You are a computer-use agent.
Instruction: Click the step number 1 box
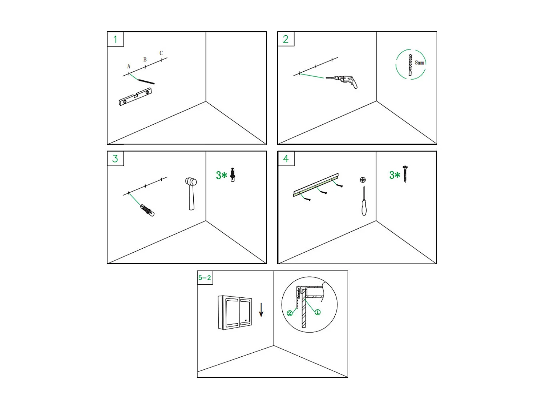[115, 39]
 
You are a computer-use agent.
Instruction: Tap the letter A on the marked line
[129, 66]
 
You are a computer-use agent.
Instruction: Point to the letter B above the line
[145, 60]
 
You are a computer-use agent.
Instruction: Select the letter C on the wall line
[161, 53]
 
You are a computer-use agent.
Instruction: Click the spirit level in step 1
[135, 97]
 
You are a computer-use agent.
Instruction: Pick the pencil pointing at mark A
[146, 82]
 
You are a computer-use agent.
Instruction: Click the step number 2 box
[286, 39]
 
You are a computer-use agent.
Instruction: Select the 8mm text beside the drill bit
[419, 63]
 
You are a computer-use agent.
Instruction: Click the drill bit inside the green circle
[410, 65]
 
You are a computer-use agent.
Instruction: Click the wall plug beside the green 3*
[233, 175]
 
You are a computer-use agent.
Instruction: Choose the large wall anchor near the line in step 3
[147, 210]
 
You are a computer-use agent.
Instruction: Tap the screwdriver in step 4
[364, 201]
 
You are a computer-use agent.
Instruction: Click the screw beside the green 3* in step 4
[405, 174]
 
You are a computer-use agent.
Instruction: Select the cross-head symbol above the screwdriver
[363, 180]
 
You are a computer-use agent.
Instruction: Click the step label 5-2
[205, 278]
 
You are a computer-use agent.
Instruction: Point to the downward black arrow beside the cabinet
[261, 310]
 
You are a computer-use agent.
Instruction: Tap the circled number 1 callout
[318, 312]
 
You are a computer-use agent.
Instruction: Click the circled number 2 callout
[290, 313]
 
